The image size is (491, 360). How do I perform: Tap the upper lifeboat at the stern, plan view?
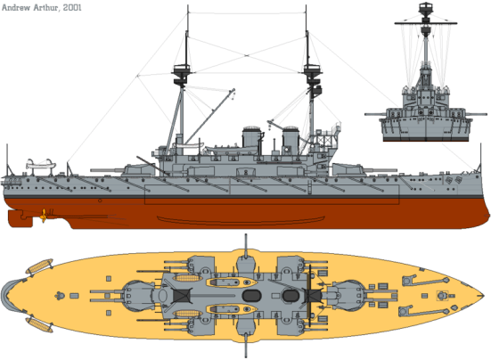(41, 266)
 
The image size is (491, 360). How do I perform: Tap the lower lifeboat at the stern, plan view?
(41, 322)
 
